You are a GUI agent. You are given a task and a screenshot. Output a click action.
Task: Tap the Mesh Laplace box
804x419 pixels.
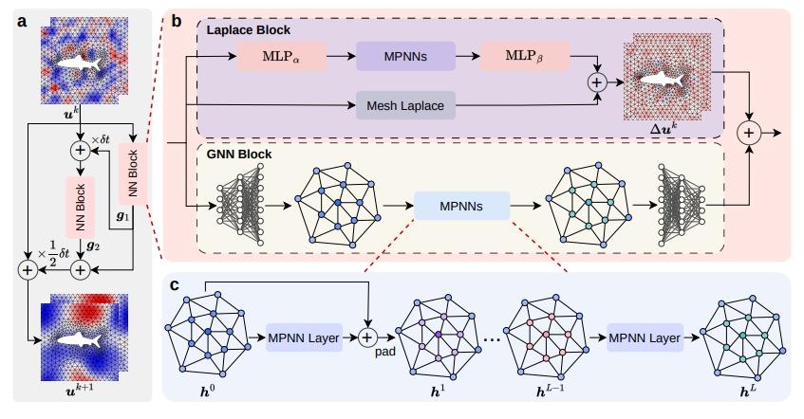click(x=404, y=106)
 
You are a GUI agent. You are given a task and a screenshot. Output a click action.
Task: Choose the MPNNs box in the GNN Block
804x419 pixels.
click(x=461, y=204)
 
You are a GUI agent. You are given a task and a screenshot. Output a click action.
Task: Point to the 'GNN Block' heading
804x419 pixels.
click(x=238, y=153)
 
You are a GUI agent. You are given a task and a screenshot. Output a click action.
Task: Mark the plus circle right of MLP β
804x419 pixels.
click(x=597, y=82)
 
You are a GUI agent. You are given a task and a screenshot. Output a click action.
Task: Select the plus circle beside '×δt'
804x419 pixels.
click(x=80, y=149)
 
